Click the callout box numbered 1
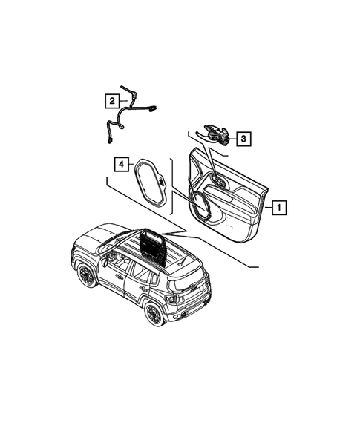(277, 208)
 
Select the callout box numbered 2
(111, 100)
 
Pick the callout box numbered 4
(120, 164)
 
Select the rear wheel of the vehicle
(154, 314)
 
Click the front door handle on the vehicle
(119, 277)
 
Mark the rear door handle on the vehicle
(143, 289)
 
